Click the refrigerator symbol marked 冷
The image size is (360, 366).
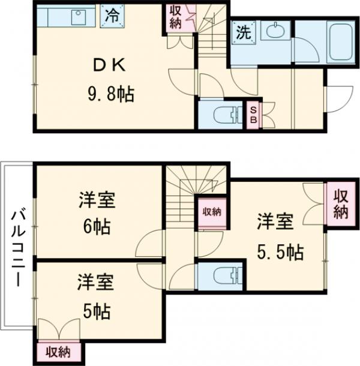112,16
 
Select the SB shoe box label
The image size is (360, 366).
253,114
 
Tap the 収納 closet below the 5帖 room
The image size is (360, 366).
59,351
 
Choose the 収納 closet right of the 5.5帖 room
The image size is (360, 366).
340,203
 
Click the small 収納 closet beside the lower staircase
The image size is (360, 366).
211,211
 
